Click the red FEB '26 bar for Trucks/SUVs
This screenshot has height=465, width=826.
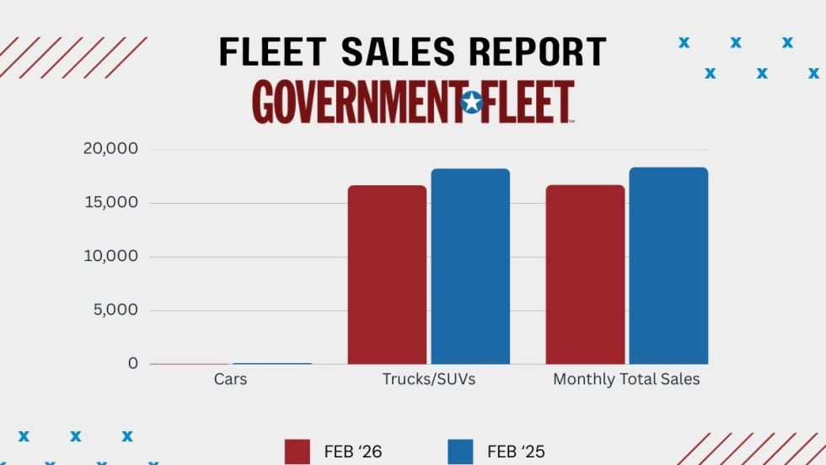click(387, 275)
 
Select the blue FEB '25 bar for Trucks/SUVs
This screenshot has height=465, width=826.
click(470, 266)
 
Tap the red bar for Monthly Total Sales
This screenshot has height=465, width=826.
click(585, 275)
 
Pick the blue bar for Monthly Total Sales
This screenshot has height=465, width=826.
click(668, 265)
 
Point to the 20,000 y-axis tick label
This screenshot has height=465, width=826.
click(110, 149)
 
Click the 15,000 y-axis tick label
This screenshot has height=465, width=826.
click(110, 203)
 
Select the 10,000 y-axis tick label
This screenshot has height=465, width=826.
click(110, 257)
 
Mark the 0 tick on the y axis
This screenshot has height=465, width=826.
click(132, 364)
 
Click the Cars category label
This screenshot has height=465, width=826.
click(230, 379)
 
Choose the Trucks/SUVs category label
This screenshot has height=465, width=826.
click(428, 379)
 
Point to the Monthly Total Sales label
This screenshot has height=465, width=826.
click(626, 379)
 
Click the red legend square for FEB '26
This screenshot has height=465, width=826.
click(298, 452)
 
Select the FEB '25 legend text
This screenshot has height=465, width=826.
click(518, 452)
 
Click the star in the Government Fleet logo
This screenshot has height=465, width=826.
click(472, 103)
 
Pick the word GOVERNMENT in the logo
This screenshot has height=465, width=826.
click(356, 103)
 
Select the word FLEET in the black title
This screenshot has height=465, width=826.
click(271, 52)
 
